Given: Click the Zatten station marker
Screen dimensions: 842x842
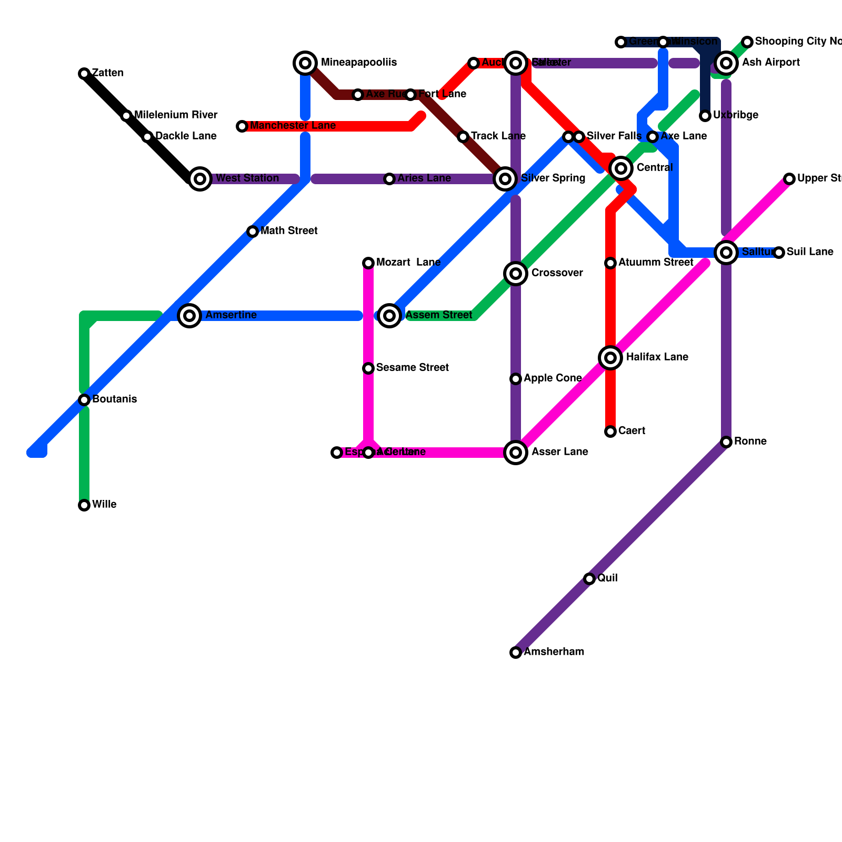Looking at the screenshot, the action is click(x=84, y=74).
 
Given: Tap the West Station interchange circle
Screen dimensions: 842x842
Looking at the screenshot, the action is click(x=200, y=179).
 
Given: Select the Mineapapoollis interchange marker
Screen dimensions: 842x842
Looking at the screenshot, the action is click(x=305, y=63).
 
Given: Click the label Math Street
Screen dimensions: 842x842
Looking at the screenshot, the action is click(x=289, y=231).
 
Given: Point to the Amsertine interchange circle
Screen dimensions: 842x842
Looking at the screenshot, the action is click(x=189, y=316).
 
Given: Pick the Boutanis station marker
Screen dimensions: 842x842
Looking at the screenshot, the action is click(x=84, y=400).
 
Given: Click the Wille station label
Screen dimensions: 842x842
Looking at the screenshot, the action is click(x=104, y=505).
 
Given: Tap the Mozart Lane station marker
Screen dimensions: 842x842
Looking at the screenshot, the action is click(x=368, y=263).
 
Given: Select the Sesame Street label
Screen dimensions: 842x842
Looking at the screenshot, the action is click(x=413, y=368).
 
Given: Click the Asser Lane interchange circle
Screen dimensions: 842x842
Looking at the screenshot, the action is click(x=516, y=453).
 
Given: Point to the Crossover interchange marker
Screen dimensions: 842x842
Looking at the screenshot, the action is click(x=516, y=274).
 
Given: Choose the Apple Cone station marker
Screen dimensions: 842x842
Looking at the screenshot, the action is click(x=516, y=379).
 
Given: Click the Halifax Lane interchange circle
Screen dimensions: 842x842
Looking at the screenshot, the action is click(x=610, y=358).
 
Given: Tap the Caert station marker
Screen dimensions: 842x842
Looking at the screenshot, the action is click(x=610, y=432).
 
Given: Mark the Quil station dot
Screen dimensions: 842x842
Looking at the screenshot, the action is click(x=589, y=579).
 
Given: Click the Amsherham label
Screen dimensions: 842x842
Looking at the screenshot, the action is click(x=554, y=652).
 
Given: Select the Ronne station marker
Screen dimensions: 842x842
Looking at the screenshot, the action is click(x=726, y=442).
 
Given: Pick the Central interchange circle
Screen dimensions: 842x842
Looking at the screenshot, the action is click(x=621, y=168).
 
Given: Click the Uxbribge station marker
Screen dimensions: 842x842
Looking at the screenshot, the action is click(x=705, y=116).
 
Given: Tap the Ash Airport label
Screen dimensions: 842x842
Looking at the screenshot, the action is click(x=771, y=63).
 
